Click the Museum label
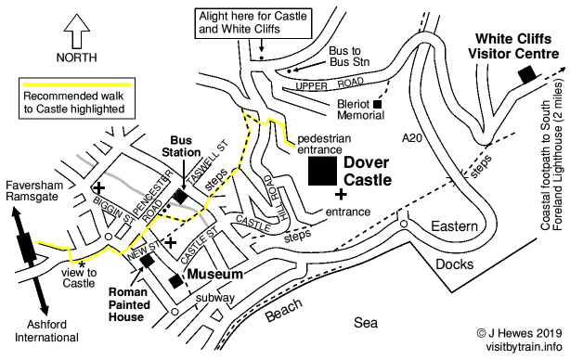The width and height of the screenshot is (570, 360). pyautogui.click(x=217, y=276)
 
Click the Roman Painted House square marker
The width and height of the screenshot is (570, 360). pyautogui.click(x=147, y=261)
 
